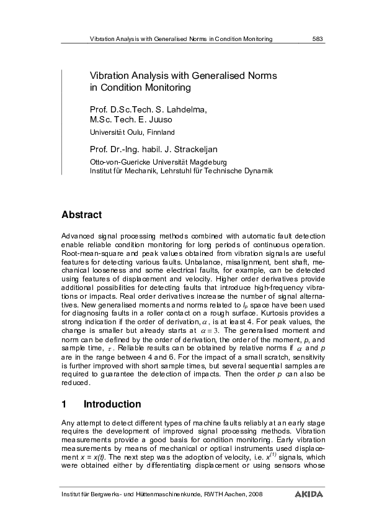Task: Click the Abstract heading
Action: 81,215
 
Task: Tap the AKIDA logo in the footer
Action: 309,494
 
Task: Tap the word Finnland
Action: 161,132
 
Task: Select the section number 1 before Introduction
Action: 64,404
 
